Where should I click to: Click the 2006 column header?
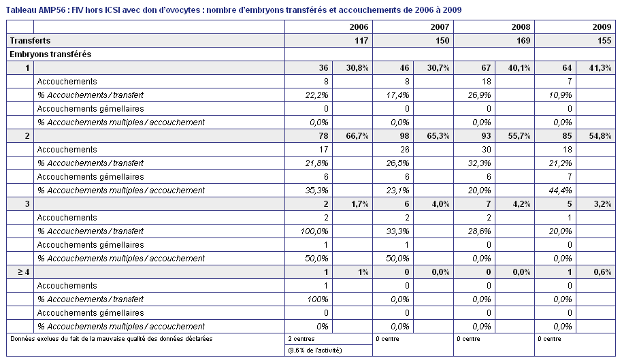pyautogui.click(x=359, y=27)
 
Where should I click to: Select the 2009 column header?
pyautogui.click(x=602, y=27)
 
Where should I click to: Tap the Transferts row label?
pyautogui.click(x=30, y=40)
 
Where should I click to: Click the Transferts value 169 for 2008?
pyautogui.click(x=523, y=40)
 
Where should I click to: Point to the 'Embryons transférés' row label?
pyautogui.click(x=50, y=54)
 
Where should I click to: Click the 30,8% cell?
pyautogui.click(x=357, y=68)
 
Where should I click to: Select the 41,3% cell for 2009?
pyautogui.click(x=600, y=68)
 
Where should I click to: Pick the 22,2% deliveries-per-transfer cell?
pyautogui.click(x=316, y=95)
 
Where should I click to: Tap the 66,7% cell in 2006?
pyautogui.click(x=357, y=136)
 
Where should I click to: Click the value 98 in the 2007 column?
pyautogui.click(x=404, y=136)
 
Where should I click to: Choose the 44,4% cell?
pyautogui.click(x=560, y=191)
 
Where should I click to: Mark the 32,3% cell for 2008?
pyautogui.click(x=479, y=163)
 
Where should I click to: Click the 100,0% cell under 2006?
pyautogui.click(x=314, y=231)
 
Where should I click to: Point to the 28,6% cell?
pyautogui.click(x=479, y=231)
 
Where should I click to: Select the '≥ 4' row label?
pyautogui.click(x=23, y=272)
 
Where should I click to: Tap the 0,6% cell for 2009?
pyautogui.click(x=602, y=272)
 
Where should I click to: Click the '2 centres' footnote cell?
pyautogui.click(x=301, y=339)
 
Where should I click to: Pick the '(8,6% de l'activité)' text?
pyautogui.click(x=315, y=350)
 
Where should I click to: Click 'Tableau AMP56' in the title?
pyautogui.click(x=35, y=10)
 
